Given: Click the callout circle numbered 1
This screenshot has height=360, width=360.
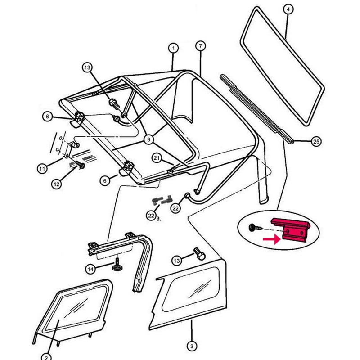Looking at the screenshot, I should pyautogui.click(x=173, y=48).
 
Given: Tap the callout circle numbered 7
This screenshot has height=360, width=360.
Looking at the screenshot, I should pyautogui.click(x=201, y=46).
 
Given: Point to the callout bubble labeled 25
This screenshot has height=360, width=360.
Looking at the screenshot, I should pyautogui.click(x=316, y=142).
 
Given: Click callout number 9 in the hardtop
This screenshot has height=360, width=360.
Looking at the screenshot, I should pyautogui.click(x=148, y=140).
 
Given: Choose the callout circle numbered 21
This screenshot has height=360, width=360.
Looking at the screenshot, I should pyautogui.click(x=157, y=157).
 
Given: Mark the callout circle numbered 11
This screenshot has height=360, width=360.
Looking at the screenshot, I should pyautogui.click(x=42, y=169).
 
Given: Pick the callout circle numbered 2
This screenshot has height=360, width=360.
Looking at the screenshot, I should pyautogui.click(x=45, y=356).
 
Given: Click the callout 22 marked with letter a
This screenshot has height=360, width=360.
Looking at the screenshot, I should pyautogui.click(x=150, y=216).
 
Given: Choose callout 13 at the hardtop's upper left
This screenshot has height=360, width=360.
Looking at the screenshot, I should pyautogui.click(x=86, y=67).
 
